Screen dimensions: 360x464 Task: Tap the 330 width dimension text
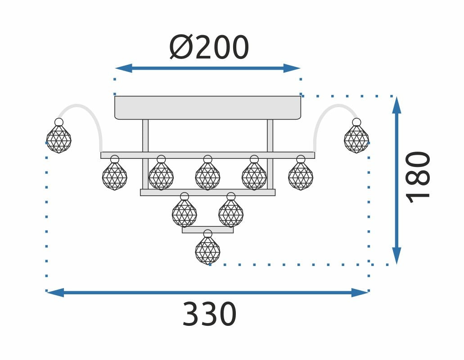point(209,315)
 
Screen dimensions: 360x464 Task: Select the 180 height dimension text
point(418,177)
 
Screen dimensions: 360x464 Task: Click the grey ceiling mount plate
point(207,107)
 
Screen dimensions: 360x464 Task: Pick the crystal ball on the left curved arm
point(59,139)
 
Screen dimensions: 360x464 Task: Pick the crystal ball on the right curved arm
point(356,139)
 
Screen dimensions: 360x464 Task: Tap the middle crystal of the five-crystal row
point(207,176)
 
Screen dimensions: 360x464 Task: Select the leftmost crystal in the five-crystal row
point(115,176)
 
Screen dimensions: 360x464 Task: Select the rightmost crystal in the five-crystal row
point(301,176)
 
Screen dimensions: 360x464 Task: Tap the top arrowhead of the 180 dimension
point(396,105)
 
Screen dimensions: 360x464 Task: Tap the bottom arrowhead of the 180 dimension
point(396,256)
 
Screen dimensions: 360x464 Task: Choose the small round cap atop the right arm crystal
point(356,122)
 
